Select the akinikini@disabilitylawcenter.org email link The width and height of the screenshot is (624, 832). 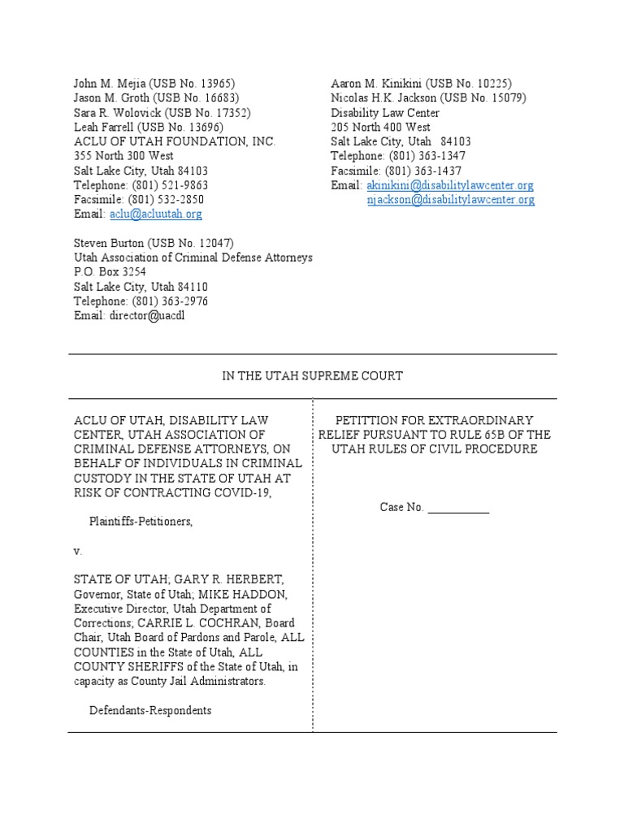coord(450,185)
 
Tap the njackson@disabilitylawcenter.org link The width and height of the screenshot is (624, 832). coord(450,200)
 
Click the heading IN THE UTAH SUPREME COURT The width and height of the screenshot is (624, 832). coord(313,376)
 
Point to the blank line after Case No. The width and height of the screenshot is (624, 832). coord(458,508)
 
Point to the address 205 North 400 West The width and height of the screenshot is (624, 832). coord(380,128)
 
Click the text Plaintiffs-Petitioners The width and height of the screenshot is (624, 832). coord(141,521)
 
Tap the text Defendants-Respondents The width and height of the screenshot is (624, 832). coord(150,710)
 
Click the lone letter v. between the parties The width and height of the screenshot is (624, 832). coord(78,551)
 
